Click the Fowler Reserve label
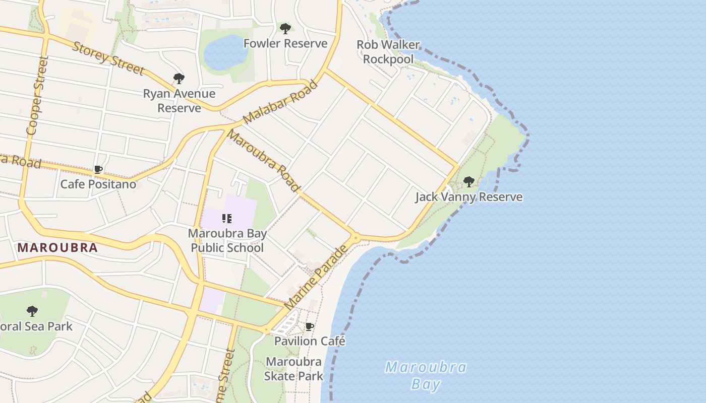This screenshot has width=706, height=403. coord(285,43)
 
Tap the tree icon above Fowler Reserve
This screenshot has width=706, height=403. coord(285,29)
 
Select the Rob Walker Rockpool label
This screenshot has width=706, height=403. coord(388,52)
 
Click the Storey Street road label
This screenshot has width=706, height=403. coord(108,58)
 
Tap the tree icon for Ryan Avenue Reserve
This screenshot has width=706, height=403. coord(179,79)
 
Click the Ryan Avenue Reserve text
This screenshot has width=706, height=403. coord(179,101)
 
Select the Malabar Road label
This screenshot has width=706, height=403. coord(280,102)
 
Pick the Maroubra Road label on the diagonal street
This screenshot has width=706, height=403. coord(263,160)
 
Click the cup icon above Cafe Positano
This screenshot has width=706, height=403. coord(98,170)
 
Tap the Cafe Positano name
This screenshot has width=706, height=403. coord(98,184)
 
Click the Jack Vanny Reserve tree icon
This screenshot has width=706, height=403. coord(469,182)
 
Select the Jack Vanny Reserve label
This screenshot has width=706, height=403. coord(469,196)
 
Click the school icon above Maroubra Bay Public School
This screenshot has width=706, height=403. coord(227,219)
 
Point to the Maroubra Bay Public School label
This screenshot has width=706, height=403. coord(227,241)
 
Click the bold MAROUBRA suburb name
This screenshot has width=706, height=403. coord(57,248)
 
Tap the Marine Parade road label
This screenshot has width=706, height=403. coord(316,278)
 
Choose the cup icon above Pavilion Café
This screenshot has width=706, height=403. coord(310,327)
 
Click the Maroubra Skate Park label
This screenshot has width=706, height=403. coord(293,369)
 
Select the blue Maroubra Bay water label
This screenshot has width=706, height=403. coord(426,375)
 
